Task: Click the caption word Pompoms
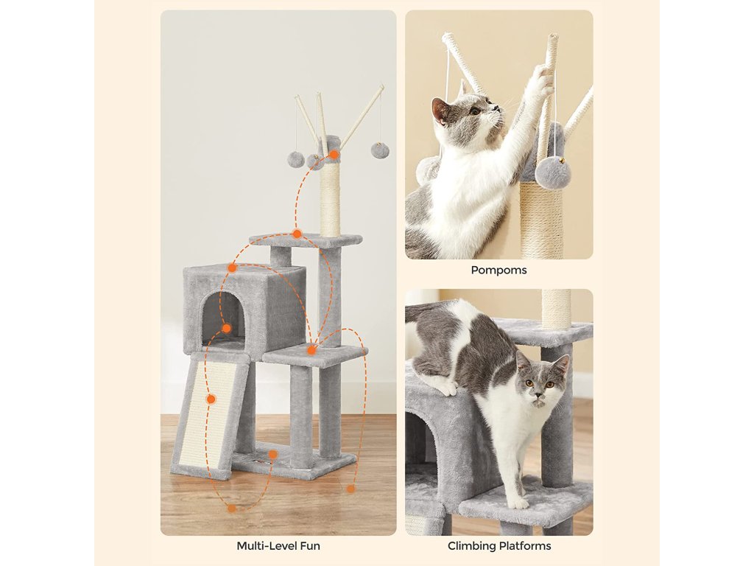point(498,270)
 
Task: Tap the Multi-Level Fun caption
point(278,546)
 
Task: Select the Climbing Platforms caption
point(499,546)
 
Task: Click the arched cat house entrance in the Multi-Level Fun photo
point(223,318)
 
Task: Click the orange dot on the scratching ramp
point(211,399)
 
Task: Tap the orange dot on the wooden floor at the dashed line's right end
point(351,489)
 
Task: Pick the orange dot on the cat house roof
point(232,268)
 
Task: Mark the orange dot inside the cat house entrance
point(227,329)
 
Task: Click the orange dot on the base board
point(272,454)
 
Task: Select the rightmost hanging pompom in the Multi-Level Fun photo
point(380,150)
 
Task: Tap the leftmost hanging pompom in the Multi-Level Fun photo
point(296,159)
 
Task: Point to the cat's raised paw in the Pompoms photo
point(543,80)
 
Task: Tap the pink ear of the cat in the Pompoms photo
point(440,111)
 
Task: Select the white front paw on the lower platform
point(518,503)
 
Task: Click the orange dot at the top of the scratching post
point(334,155)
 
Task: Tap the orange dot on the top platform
point(297,234)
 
